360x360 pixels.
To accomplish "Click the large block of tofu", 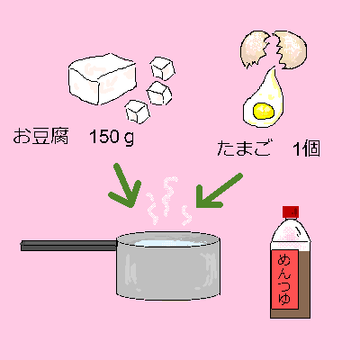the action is pyautogui.click(x=102, y=79).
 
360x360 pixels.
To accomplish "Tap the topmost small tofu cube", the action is pyautogui.click(x=163, y=68).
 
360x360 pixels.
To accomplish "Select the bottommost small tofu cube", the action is pyautogui.click(x=138, y=112).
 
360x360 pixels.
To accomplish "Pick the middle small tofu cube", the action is pyautogui.click(x=159, y=93).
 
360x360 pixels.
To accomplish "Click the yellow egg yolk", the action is pyautogui.click(x=264, y=111).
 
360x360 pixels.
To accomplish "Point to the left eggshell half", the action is pyautogui.click(x=255, y=49).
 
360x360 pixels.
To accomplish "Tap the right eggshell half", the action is pyautogui.click(x=291, y=49).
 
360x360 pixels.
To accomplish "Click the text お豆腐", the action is pyautogui.click(x=41, y=137).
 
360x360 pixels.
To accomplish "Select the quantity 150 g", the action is pyautogui.click(x=112, y=138).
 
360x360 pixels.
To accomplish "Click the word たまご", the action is pyautogui.click(x=243, y=148).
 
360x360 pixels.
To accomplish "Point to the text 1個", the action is pyautogui.click(x=306, y=148).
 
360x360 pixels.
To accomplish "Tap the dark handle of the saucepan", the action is pyautogui.click(x=68, y=245).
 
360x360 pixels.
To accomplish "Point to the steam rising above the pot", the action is pyautogui.click(x=169, y=201).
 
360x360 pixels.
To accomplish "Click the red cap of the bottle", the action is pyautogui.click(x=291, y=211).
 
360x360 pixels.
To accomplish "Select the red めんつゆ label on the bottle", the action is pyautogui.click(x=285, y=279).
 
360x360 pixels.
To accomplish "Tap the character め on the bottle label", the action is pyautogui.click(x=285, y=260).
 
